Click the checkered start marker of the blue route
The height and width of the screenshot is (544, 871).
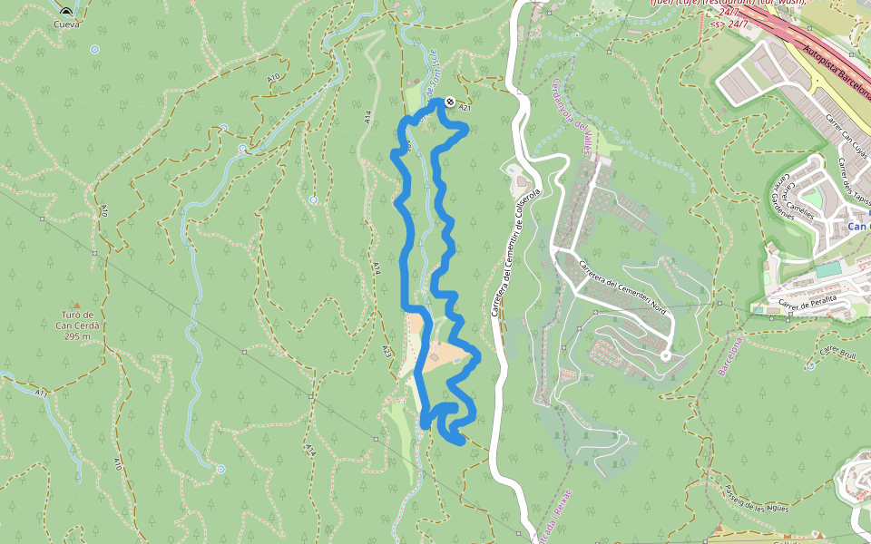[x=451, y=103]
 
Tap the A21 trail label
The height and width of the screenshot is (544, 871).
[x=465, y=108]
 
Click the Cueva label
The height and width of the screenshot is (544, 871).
[x=67, y=24]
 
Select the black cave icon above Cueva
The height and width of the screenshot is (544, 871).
[x=66, y=12]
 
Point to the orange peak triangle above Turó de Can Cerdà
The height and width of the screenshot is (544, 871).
[x=76, y=306]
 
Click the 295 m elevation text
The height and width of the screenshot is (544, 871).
[x=77, y=337]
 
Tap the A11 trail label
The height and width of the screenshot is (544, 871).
[x=42, y=393]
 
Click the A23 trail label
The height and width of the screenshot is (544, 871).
[x=387, y=350]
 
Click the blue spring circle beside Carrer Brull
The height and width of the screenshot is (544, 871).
[x=809, y=366]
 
